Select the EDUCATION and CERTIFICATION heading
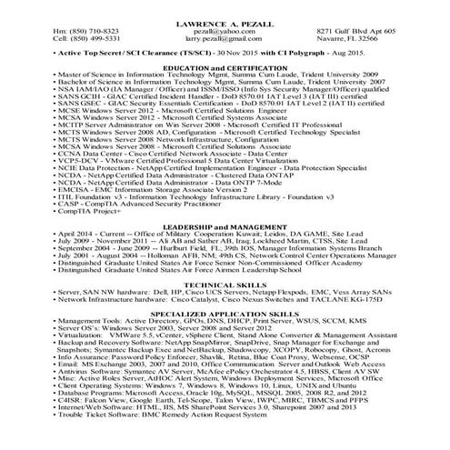pos(225,68)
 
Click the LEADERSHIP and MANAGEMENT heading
pos(225,225)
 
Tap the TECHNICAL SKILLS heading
pos(225,284)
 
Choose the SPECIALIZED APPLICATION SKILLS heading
pos(225,313)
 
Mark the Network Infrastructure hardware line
pos(200,299)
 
